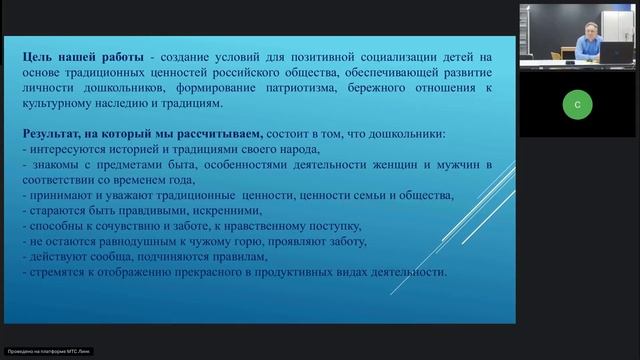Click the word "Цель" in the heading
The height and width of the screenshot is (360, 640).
pos(41,60)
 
